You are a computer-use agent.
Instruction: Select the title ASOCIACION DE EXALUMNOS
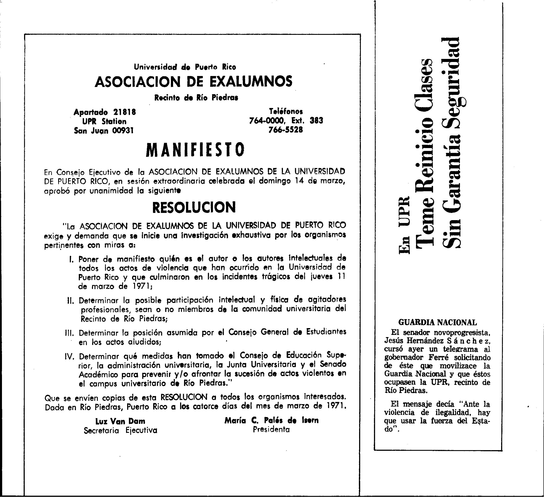(x=193, y=81)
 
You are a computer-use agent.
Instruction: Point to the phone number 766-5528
(x=286, y=130)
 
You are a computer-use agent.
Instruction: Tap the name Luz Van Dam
(x=120, y=421)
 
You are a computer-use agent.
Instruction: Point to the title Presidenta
(x=271, y=430)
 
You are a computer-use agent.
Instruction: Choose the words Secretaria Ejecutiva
(x=120, y=430)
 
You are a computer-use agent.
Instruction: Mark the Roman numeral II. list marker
(x=71, y=300)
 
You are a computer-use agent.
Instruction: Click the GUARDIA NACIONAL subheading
(x=437, y=322)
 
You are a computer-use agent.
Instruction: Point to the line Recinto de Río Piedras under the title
(x=196, y=97)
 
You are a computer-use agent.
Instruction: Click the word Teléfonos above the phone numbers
(x=286, y=111)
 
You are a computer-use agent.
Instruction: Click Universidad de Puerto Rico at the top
(x=185, y=67)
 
